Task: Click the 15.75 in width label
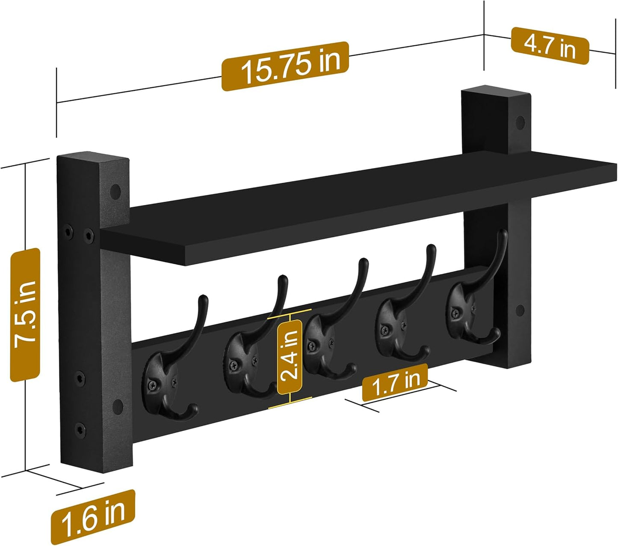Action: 285,66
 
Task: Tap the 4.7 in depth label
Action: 550,46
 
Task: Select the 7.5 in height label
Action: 25,315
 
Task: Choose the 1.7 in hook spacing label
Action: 395,382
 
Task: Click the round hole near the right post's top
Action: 520,123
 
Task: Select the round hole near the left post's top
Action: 115,191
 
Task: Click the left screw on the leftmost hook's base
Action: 151,385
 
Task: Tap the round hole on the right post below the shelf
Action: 520,310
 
